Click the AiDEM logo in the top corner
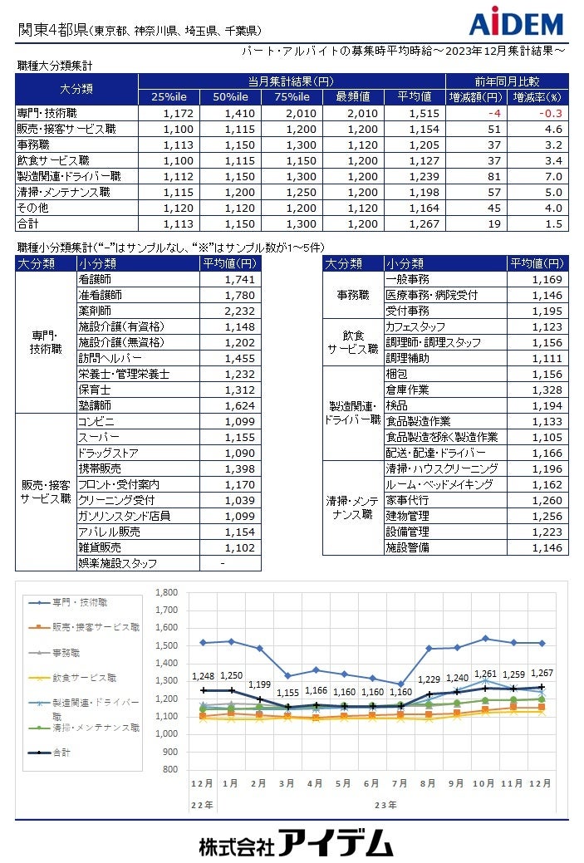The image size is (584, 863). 516,23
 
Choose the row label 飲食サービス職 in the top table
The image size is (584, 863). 53,160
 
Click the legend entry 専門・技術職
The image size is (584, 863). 79,602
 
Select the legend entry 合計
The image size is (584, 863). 62,753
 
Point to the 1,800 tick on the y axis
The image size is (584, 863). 166,592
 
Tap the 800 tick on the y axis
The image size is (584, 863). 169,769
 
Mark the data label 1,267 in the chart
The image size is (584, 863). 542,673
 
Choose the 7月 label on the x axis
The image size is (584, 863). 400,783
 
